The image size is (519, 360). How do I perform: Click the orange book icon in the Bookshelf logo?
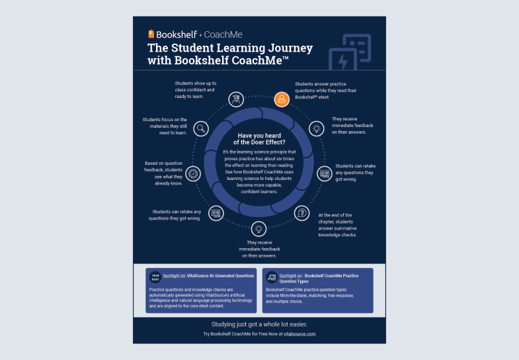(x=151, y=34)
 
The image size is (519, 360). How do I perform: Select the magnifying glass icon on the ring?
(x=202, y=128)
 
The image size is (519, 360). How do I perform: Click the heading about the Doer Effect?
(x=259, y=140)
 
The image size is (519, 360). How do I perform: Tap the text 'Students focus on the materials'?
(x=165, y=126)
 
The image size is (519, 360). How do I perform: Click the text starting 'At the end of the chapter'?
(x=337, y=224)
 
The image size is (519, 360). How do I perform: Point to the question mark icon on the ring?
(x=303, y=213)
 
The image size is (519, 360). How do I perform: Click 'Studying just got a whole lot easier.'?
(x=259, y=324)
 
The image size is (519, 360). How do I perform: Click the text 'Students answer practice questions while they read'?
(x=325, y=91)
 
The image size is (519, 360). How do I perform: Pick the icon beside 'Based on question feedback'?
(x=193, y=173)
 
